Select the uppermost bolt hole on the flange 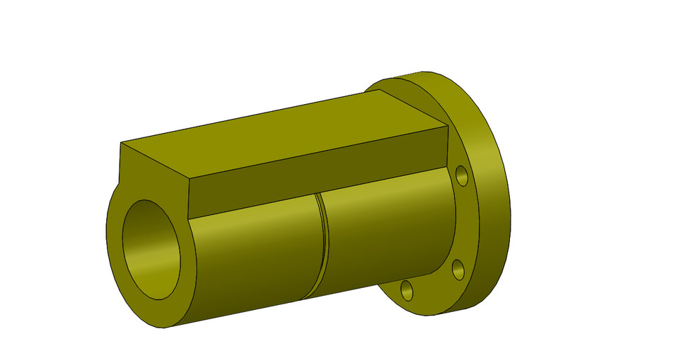click(x=462, y=175)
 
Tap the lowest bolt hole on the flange click(x=407, y=289)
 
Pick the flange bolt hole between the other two click(x=458, y=269)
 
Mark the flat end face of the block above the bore click(x=152, y=177)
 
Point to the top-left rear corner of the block click(x=121, y=143)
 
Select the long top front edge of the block click(x=318, y=152)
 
